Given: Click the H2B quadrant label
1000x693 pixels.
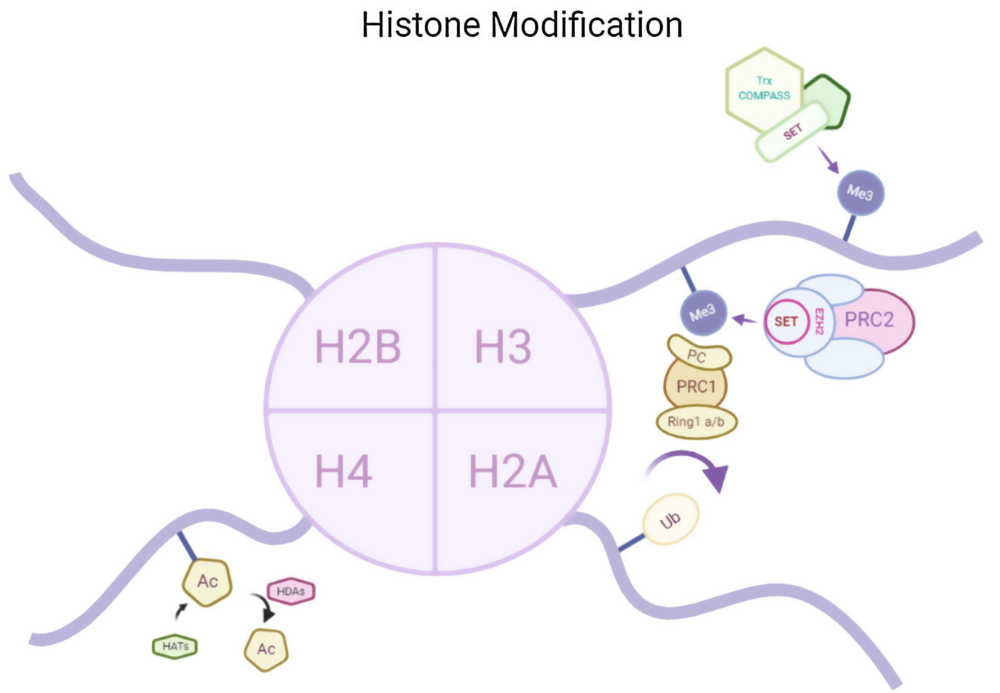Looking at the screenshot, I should point(357,346).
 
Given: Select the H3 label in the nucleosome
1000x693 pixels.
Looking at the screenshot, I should point(503,346).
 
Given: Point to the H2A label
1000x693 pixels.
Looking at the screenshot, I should point(512,472).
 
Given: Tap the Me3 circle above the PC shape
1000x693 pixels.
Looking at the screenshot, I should point(703,313).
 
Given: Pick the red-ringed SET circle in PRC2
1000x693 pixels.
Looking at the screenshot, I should point(786,321).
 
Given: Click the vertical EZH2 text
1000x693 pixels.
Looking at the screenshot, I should point(819,321).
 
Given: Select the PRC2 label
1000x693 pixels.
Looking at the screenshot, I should point(869,320).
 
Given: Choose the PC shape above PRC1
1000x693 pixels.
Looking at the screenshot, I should point(698,355).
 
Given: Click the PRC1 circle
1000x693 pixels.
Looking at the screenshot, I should point(696,386).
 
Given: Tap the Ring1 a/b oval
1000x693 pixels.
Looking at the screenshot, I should point(696,421).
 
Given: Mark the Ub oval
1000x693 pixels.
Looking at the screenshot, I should point(670,520).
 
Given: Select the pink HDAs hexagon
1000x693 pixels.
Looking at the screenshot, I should point(291,591).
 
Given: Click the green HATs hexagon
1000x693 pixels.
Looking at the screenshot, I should point(175,646).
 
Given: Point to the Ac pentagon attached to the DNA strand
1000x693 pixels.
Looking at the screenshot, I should point(207,582).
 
